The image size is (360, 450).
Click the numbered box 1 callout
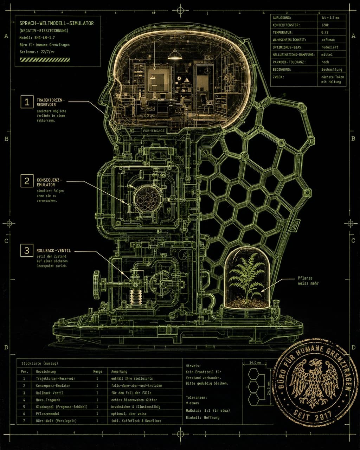pos(27,102)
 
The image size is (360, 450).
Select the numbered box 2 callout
pos(27,181)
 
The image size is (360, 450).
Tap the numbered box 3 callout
pos(27,250)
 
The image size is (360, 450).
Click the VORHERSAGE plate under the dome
pos(154,131)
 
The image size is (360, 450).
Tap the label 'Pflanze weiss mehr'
pos(308,281)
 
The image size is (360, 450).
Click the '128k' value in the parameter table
pos(325,25)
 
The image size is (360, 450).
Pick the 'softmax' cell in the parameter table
pos(328,40)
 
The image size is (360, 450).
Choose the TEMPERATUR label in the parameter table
pos(283,32)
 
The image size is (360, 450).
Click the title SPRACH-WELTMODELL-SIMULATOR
pos(57,23)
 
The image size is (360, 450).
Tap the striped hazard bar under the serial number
pos(45,60)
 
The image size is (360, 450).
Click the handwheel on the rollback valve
pos(97,285)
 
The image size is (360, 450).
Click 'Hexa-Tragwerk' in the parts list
pos(48,400)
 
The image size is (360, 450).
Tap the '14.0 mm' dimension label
pos(255,362)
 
